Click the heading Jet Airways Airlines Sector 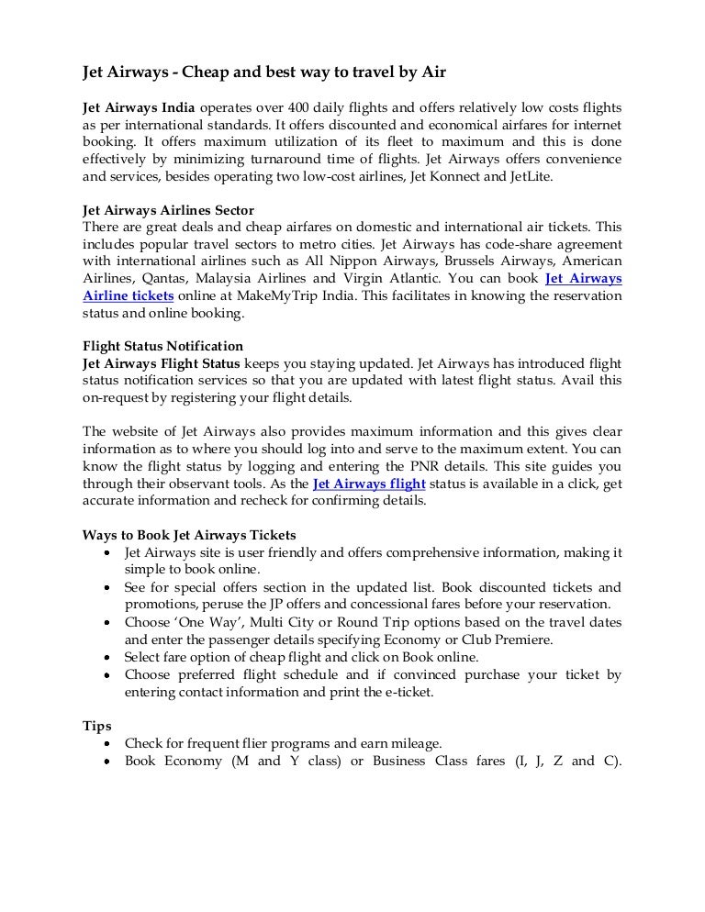click(169, 211)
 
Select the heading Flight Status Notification click(163, 347)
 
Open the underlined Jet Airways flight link click(369, 484)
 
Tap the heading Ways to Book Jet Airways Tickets click(189, 535)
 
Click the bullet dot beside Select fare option click(108, 658)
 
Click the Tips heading click(97, 726)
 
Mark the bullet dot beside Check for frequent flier click(108, 744)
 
